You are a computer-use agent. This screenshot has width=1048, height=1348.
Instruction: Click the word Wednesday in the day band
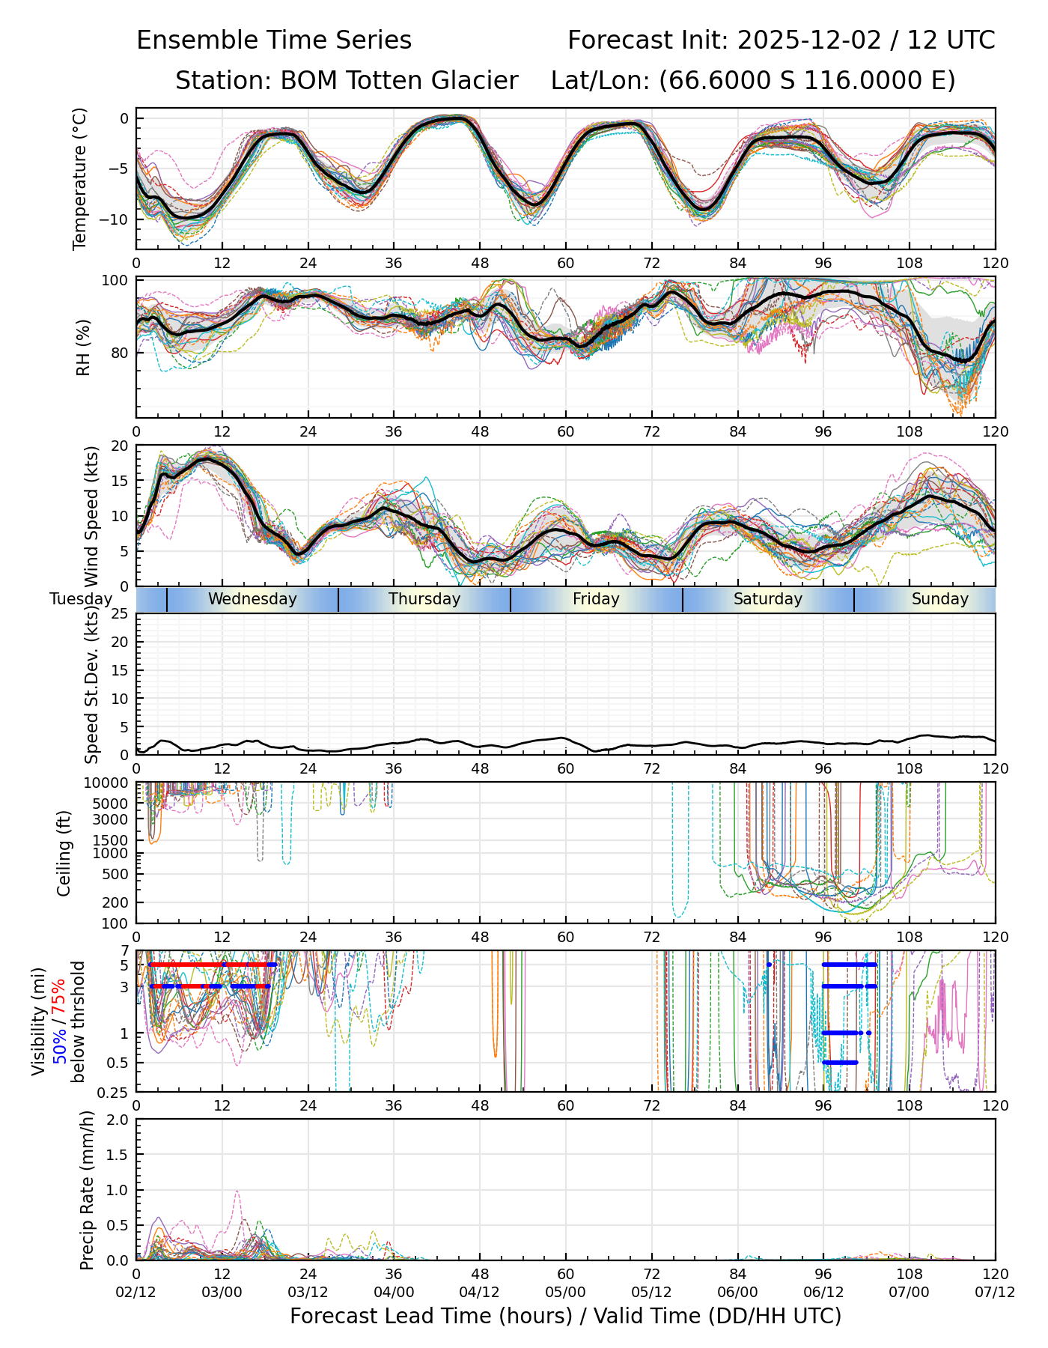[252, 599]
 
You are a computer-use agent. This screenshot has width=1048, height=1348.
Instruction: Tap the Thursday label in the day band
[424, 599]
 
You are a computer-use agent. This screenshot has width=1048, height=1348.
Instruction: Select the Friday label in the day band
[596, 599]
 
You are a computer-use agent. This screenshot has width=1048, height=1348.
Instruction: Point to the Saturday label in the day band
[768, 599]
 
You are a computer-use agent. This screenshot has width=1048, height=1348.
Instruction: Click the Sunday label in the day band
[940, 599]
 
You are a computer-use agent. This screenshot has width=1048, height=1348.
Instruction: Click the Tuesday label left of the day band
[81, 599]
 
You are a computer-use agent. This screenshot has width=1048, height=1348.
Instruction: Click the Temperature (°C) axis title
[80, 178]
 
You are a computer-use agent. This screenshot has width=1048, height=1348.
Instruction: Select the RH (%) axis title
[83, 347]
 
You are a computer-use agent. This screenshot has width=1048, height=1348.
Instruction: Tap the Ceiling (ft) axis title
[64, 853]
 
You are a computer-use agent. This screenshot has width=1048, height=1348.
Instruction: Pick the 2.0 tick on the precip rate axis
[118, 1120]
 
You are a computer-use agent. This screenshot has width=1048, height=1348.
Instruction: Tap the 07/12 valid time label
[995, 1293]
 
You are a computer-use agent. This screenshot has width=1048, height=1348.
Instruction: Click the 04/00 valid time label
[394, 1293]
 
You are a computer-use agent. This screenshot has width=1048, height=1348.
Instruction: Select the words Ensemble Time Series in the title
[274, 40]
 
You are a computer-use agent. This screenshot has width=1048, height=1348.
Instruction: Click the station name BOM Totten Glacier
[399, 81]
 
